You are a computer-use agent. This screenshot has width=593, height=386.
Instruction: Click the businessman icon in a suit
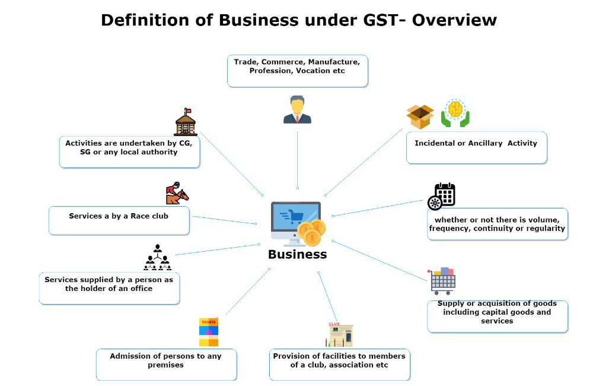pyautogui.click(x=297, y=110)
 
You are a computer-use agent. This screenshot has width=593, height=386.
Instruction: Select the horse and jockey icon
pyautogui.click(x=177, y=193)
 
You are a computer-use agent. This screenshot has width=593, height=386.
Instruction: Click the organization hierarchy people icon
pyautogui.click(x=157, y=258)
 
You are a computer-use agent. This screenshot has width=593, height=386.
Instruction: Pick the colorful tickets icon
pyautogui.click(x=209, y=332)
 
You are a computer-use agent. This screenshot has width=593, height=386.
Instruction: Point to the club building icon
pyautogui.click(x=340, y=335)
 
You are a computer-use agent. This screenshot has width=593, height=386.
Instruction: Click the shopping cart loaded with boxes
pyautogui.click(x=443, y=280)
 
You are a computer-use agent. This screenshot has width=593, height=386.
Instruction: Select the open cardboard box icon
pyautogui.click(x=420, y=116)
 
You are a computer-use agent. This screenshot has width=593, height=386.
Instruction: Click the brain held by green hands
pyautogui.click(x=455, y=113)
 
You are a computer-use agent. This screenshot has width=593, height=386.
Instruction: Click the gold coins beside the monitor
pyautogui.click(x=311, y=233)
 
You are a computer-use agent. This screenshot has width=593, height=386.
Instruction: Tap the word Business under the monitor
pyautogui.click(x=297, y=254)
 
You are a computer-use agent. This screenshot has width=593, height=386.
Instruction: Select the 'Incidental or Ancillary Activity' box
pyautogui.click(x=476, y=147)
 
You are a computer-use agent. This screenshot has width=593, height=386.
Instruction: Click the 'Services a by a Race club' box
pyautogui.click(x=119, y=220)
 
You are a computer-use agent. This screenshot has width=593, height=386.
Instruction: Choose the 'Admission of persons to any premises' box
pyautogui.click(x=167, y=364)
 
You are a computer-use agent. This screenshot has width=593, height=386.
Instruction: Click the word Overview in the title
pyautogui.click(x=454, y=20)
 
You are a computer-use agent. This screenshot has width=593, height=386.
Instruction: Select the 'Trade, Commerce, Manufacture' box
pyautogui.click(x=298, y=71)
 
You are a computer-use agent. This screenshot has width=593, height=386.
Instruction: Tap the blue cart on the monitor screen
pyautogui.click(x=294, y=216)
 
